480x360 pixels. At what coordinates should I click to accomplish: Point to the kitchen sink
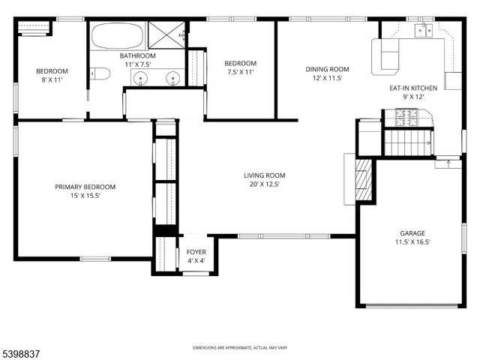tap(423, 30)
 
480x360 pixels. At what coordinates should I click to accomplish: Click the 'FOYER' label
tap(196, 251)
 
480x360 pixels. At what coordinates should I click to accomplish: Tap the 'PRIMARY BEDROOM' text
tap(85, 187)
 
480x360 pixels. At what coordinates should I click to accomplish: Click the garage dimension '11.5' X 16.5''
tap(412, 241)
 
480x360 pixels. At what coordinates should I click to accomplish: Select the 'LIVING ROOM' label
tap(264, 175)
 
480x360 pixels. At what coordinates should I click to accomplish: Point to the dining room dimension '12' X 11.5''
tap(326, 78)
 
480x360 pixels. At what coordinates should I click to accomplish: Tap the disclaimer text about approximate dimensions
tap(240, 348)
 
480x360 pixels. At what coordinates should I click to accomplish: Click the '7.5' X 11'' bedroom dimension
tap(240, 72)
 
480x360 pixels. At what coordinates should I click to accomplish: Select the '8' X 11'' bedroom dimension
tap(52, 80)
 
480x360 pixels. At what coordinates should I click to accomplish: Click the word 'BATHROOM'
tap(137, 55)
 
